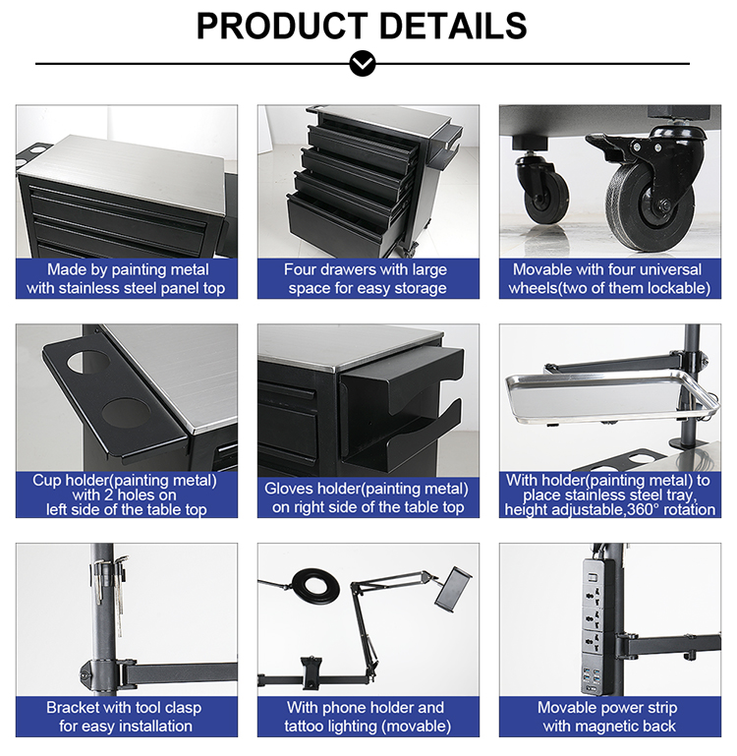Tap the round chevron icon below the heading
(363, 64)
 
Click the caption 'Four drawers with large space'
(366, 278)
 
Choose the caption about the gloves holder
(366, 497)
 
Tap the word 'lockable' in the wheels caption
(677, 288)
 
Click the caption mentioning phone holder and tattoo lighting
(366, 716)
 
